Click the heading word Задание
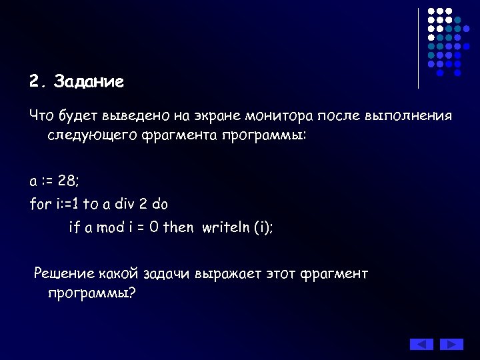pyautogui.click(x=89, y=82)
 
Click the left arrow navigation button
pyautogui.click(x=421, y=344)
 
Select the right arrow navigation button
pyautogui.click(x=451, y=344)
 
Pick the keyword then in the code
pyautogui.click(x=178, y=227)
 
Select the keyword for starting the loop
pyautogui.click(x=39, y=204)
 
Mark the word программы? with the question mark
pyautogui.click(x=91, y=293)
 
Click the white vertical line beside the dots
pyautogui.click(x=418, y=48)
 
